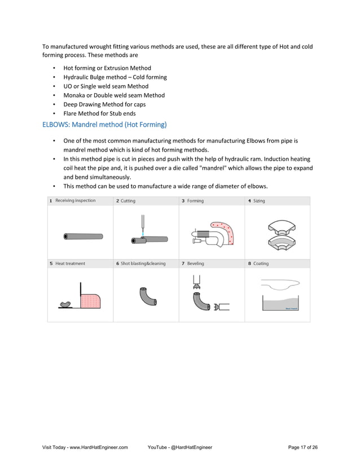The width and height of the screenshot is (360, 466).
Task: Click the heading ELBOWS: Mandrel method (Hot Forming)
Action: (x=104, y=124)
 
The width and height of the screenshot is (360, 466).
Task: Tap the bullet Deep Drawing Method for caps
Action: (x=104, y=104)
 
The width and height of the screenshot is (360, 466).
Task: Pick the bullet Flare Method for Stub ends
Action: (x=99, y=113)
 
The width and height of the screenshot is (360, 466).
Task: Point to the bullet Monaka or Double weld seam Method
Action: (x=114, y=95)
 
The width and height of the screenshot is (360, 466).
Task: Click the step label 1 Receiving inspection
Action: (x=73, y=201)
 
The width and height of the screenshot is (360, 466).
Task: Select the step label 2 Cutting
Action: (x=126, y=201)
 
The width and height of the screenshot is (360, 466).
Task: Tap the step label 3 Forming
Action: (x=192, y=201)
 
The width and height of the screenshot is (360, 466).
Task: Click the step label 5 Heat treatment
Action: (x=67, y=263)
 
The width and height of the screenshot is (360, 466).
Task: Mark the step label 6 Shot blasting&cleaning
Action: (x=141, y=263)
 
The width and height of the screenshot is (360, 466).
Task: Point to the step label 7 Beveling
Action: (x=193, y=263)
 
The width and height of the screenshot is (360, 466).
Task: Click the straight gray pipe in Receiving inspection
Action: (x=83, y=236)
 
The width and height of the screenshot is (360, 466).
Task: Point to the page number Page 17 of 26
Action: (x=302, y=447)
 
